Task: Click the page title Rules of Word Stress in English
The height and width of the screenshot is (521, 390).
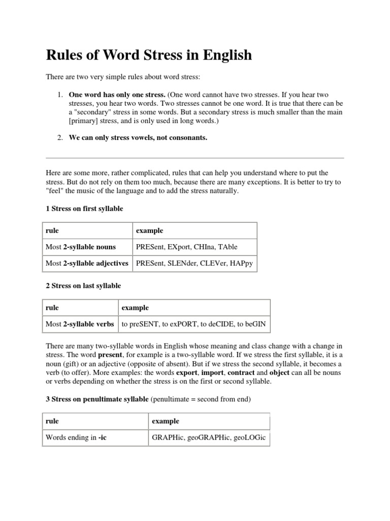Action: [x=149, y=55]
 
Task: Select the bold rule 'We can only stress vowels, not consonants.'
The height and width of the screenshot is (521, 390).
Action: [x=138, y=137]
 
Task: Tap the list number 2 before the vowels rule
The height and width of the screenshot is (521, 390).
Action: [x=59, y=137]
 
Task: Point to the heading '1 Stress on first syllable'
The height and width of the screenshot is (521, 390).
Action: [x=84, y=209]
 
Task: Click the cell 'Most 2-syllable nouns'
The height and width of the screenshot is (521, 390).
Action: [x=81, y=247]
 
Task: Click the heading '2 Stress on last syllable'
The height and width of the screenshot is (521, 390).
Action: [x=83, y=285]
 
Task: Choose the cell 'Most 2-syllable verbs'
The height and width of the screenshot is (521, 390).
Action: [x=80, y=324]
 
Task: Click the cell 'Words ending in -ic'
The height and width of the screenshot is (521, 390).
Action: [x=76, y=438]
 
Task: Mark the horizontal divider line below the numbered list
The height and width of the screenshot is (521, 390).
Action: [x=195, y=158]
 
